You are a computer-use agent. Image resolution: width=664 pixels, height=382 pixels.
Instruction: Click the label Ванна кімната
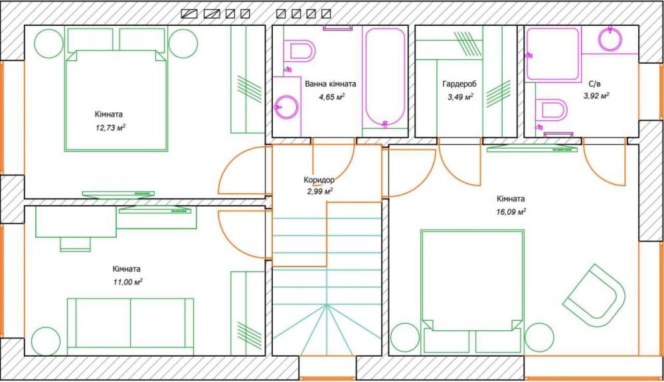pos(330,84)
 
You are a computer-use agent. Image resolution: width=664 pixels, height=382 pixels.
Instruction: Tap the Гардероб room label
pos(459,84)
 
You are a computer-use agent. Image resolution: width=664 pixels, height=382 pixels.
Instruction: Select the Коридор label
pos(319,180)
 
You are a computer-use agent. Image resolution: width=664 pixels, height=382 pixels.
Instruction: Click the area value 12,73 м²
pos(110,128)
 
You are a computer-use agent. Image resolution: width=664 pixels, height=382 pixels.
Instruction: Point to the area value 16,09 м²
pos(511,212)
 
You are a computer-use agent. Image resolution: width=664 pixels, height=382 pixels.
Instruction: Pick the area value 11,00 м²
pos(127,282)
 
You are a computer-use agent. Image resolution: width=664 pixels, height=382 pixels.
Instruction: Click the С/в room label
pos(594,84)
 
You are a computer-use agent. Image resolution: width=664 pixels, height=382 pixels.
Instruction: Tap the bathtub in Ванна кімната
pos(385,77)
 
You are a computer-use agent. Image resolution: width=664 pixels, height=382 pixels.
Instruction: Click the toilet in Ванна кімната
pos(300,51)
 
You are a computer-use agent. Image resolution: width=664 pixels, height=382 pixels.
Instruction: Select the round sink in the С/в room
pos(610,39)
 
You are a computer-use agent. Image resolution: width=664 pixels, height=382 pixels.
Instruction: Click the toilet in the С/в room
pos(551,110)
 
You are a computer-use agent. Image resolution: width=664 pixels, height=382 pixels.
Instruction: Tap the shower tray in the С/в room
pos(552,54)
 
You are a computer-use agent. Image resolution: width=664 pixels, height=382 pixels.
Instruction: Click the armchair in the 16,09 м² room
pos(594,295)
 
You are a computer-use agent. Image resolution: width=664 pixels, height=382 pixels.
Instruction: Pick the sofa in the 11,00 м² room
pos(130,323)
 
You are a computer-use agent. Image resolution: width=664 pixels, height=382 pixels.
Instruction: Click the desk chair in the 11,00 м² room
pos(76,244)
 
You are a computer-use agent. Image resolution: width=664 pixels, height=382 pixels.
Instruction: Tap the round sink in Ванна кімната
pos(287,107)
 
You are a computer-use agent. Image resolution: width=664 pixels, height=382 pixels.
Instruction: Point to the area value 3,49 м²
pos(460,97)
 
